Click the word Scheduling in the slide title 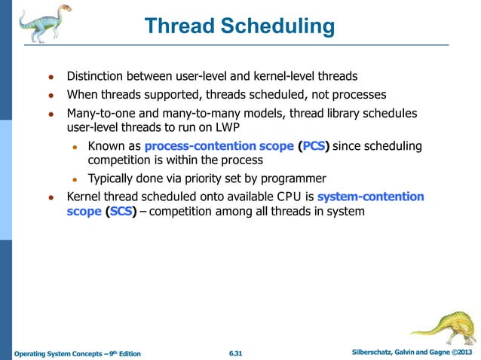pos(279,26)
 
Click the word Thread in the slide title pos(180,26)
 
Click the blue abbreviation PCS pos(314,145)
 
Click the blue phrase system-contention pos(370,197)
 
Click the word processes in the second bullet pos(360,95)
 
